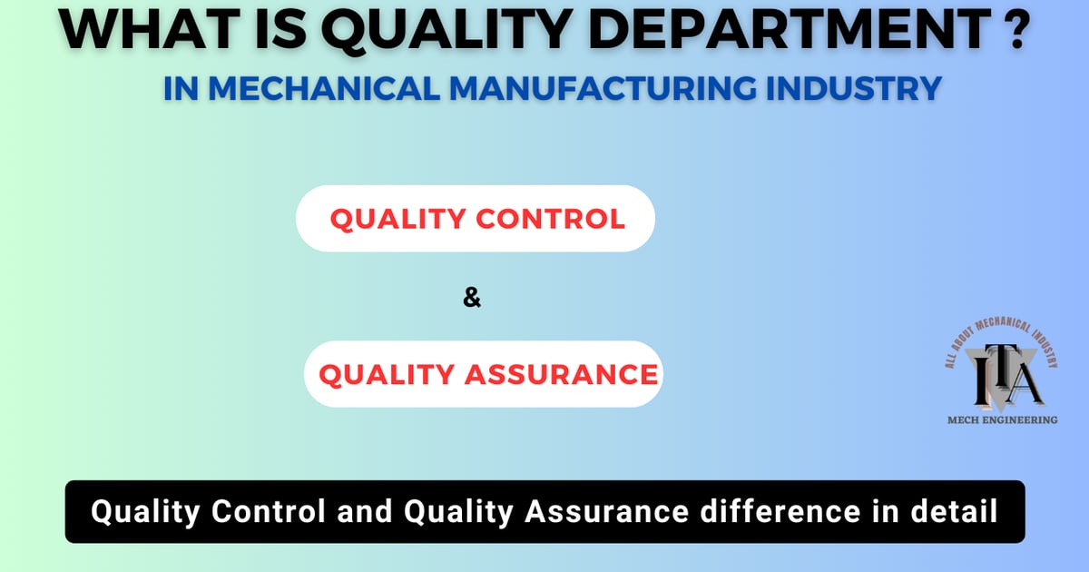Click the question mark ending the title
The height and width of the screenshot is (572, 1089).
(1014, 30)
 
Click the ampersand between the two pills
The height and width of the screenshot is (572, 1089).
(472, 297)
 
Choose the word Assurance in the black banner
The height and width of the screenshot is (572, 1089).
(617, 512)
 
